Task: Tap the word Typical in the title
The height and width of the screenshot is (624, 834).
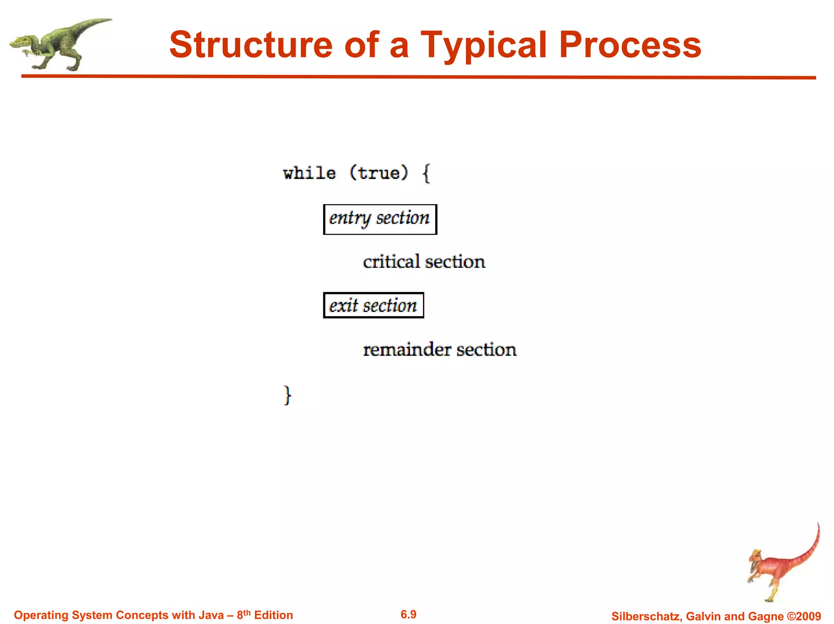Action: (x=484, y=46)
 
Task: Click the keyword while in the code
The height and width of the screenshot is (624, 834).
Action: (x=309, y=173)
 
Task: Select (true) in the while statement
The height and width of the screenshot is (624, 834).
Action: (x=379, y=173)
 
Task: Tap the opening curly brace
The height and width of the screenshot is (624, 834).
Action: (x=426, y=173)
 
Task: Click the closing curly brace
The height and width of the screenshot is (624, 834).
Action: (x=288, y=395)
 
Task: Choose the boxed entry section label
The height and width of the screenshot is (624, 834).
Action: (x=380, y=219)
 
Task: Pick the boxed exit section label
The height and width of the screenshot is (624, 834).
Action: (x=373, y=305)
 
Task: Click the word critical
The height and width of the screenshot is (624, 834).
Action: (x=391, y=262)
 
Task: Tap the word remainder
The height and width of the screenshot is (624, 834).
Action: (x=407, y=349)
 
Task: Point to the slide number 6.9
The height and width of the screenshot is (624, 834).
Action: (x=408, y=614)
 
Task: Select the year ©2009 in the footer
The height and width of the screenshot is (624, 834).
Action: (x=804, y=616)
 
